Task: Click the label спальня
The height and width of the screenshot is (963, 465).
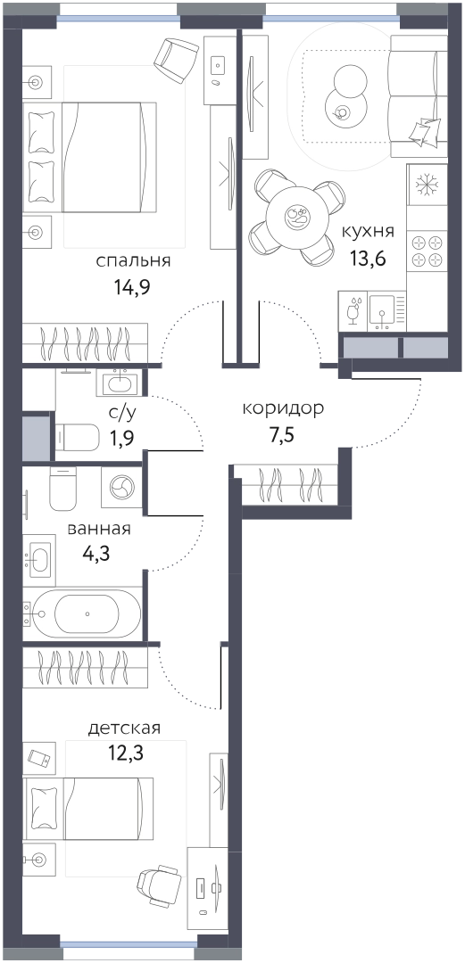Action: pos(133,262)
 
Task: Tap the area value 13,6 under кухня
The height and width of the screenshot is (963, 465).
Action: pos(368,258)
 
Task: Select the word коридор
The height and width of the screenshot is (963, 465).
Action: pos(283,409)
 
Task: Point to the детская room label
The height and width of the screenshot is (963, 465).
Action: pos(124,728)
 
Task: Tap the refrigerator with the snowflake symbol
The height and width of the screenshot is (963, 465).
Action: pos(427,185)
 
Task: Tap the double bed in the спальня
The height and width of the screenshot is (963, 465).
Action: pos(90,158)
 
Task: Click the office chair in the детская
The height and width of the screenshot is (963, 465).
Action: pos(159,885)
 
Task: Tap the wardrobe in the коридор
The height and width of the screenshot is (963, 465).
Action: pos(290,486)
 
